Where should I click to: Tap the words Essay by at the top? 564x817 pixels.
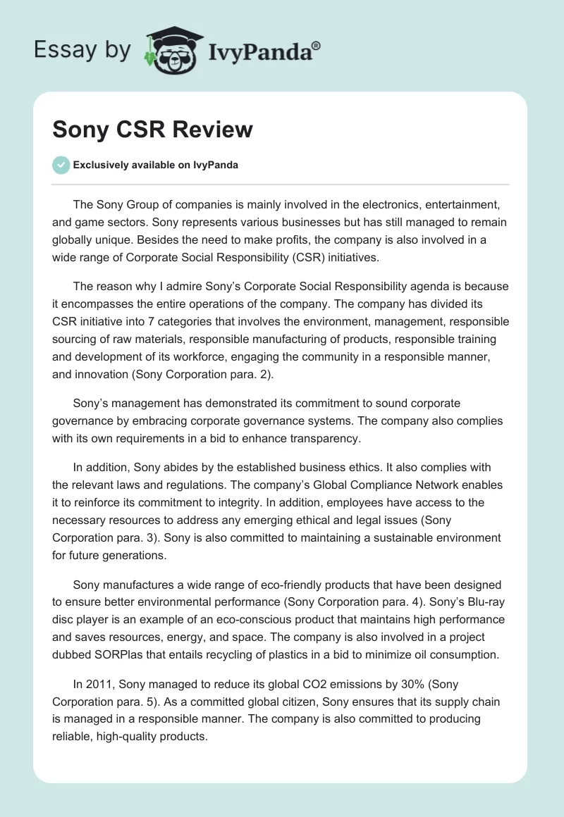[x=82, y=50]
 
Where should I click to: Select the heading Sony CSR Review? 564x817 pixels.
[x=152, y=130]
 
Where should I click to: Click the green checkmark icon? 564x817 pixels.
[x=61, y=165]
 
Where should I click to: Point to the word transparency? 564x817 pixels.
[x=325, y=439]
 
